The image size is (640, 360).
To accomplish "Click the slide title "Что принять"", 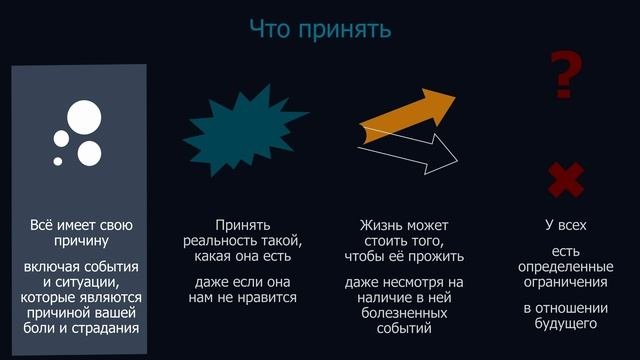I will [x=319, y=29].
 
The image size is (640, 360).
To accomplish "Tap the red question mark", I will [x=567, y=78].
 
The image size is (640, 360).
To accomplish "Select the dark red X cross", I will [x=566, y=181].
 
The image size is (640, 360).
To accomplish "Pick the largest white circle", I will [x=83, y=118].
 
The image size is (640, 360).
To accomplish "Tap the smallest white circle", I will [x=58, y=161].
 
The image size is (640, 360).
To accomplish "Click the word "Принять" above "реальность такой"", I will [x=242, y=226].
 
